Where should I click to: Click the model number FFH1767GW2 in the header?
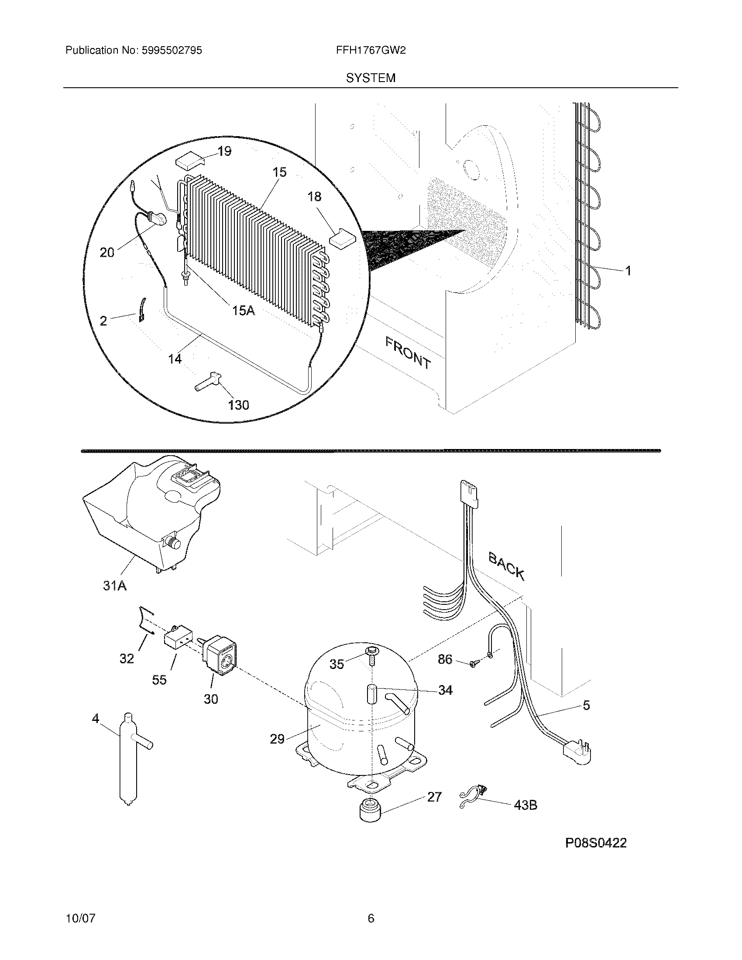pos(371,51)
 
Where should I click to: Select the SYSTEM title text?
pos(371,78)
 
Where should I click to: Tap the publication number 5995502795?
pos(172,51)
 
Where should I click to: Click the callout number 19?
pos(224,152)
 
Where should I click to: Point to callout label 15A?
pos(243,311)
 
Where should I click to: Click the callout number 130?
pos(238,405)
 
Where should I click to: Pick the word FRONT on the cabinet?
pos(408,352)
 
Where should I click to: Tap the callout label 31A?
pos(115,586)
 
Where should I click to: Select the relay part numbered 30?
pos(220,664)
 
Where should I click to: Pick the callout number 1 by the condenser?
pos(628,271)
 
